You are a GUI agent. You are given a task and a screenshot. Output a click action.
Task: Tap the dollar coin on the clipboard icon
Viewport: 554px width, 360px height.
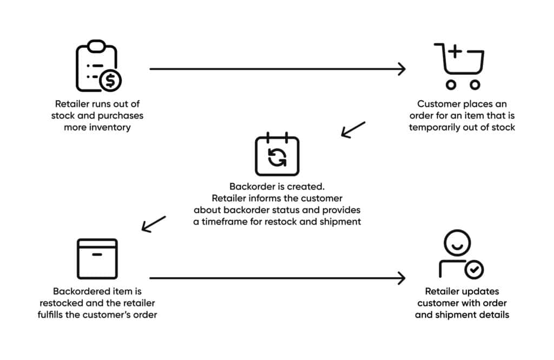(x=111, y=81)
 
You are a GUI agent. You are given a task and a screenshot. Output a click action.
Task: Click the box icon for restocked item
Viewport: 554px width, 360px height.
(x=97, y=259)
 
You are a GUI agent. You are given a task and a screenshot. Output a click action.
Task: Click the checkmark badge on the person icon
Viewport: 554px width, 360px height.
(x=474, y=269)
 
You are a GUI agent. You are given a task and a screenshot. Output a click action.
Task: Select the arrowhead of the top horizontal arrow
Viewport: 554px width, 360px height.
(x=401, y=69)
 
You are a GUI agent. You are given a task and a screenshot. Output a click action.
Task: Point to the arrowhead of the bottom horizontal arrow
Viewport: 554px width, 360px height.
(x=401, y=278)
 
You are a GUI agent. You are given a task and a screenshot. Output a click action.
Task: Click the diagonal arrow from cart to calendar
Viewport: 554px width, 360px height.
(x=353, y=130)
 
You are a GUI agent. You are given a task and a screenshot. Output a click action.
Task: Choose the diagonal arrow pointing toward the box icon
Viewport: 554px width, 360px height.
(x=154, y=224)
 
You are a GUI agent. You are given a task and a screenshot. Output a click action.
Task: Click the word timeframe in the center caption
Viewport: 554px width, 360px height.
(x=228, y=222)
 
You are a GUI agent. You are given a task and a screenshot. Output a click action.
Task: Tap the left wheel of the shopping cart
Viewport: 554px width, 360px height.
(x=450, y=84)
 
